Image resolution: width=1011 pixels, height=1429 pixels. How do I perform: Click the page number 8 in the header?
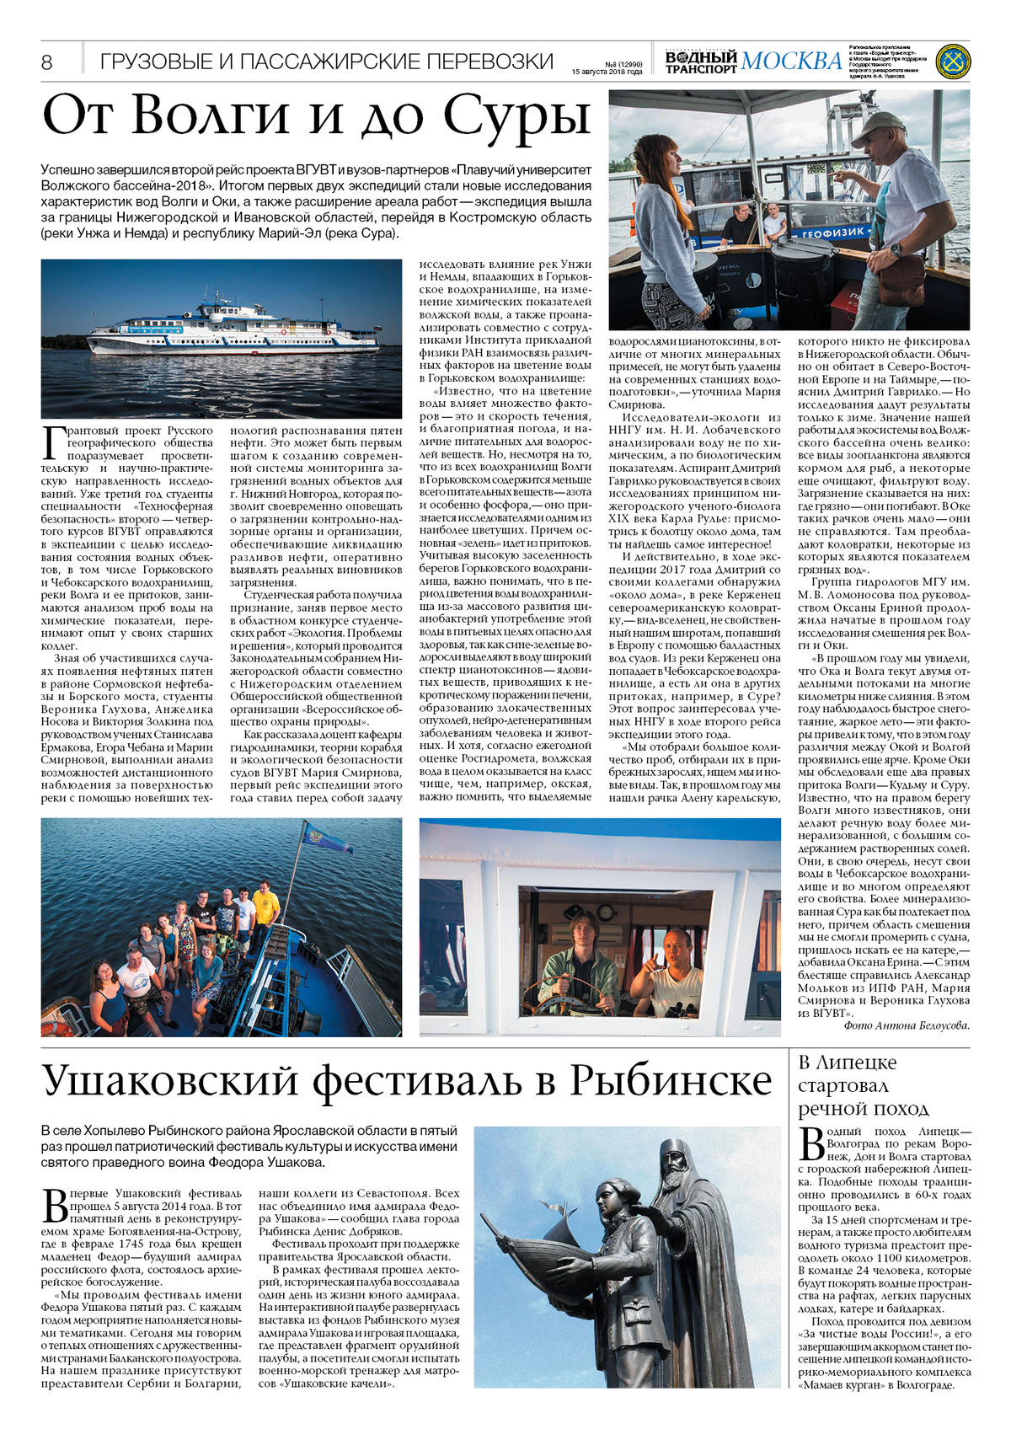(x=46, y=62)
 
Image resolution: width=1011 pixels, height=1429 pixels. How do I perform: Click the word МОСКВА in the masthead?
(x=791, y=61)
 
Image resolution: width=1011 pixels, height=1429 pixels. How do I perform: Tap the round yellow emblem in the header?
(x=952, y=62)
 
